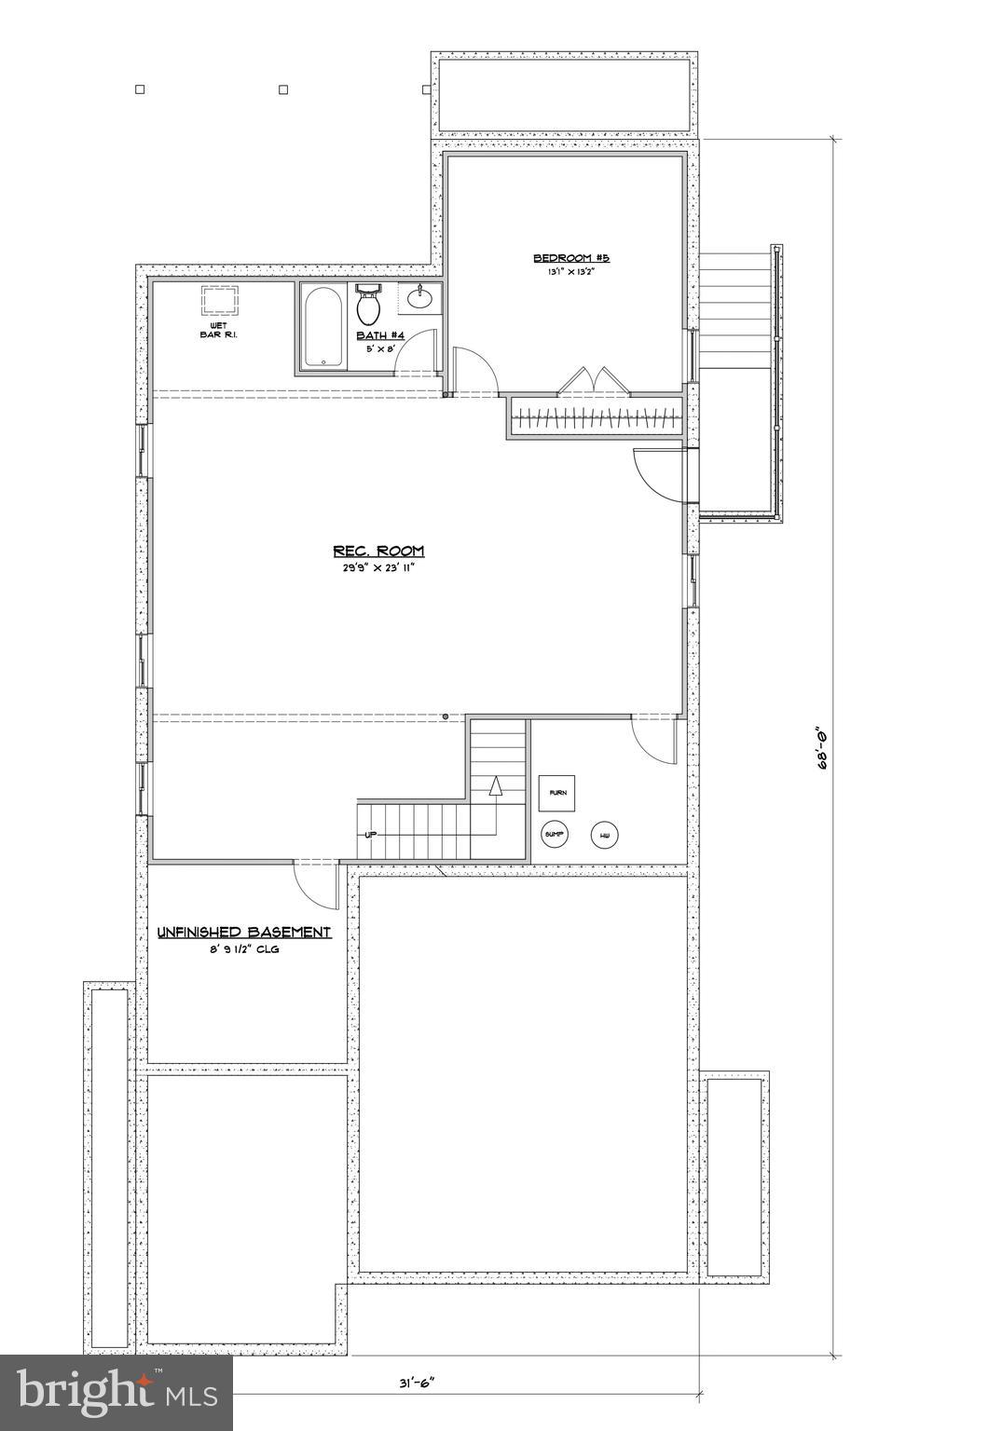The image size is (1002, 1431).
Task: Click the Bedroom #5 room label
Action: tap(570, 258)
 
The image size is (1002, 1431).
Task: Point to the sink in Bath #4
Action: tap(419, 298)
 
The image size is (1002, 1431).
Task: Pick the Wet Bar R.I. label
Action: tap(218, 329)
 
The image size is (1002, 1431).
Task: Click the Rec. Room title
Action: tap(378, 551)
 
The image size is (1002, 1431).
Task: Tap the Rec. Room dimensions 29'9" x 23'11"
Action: tap(378, 567)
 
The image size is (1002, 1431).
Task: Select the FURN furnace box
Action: tap(556, 792)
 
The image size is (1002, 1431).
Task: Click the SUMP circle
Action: tap(555, 835)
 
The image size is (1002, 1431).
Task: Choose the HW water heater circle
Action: tap(605, 835)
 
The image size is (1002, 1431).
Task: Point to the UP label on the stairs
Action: tap(370, 834)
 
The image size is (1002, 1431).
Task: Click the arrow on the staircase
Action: tap(495, 788)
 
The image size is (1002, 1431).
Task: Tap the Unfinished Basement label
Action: tap(244, 932)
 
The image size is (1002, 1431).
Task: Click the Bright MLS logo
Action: tap(116, 1392)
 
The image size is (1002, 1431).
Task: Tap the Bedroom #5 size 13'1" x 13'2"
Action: tap(570, 273)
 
